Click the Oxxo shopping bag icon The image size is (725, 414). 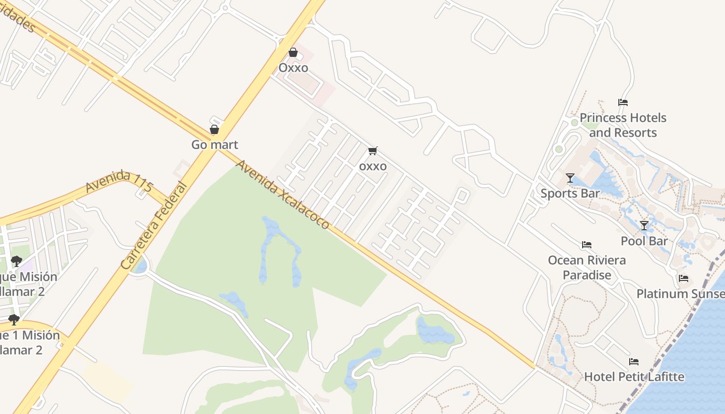293,52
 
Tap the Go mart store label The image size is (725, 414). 214,145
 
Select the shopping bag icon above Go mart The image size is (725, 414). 214,129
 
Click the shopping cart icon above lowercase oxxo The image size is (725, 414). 372,151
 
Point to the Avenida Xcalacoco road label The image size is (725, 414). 283,195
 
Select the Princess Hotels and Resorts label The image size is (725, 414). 622,125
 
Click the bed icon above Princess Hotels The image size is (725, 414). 623,102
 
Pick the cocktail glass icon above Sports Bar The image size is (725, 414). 570,178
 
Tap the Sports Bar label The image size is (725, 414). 570,194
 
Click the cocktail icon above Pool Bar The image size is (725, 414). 644,226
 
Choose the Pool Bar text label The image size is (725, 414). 644,241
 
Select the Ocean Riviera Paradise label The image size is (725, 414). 587,268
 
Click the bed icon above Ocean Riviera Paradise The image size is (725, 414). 587,245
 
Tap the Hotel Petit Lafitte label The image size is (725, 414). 634,377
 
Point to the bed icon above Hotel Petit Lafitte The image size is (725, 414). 634,361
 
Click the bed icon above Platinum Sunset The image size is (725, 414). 684,278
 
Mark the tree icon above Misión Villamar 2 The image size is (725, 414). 16,261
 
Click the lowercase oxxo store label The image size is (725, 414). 373,166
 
